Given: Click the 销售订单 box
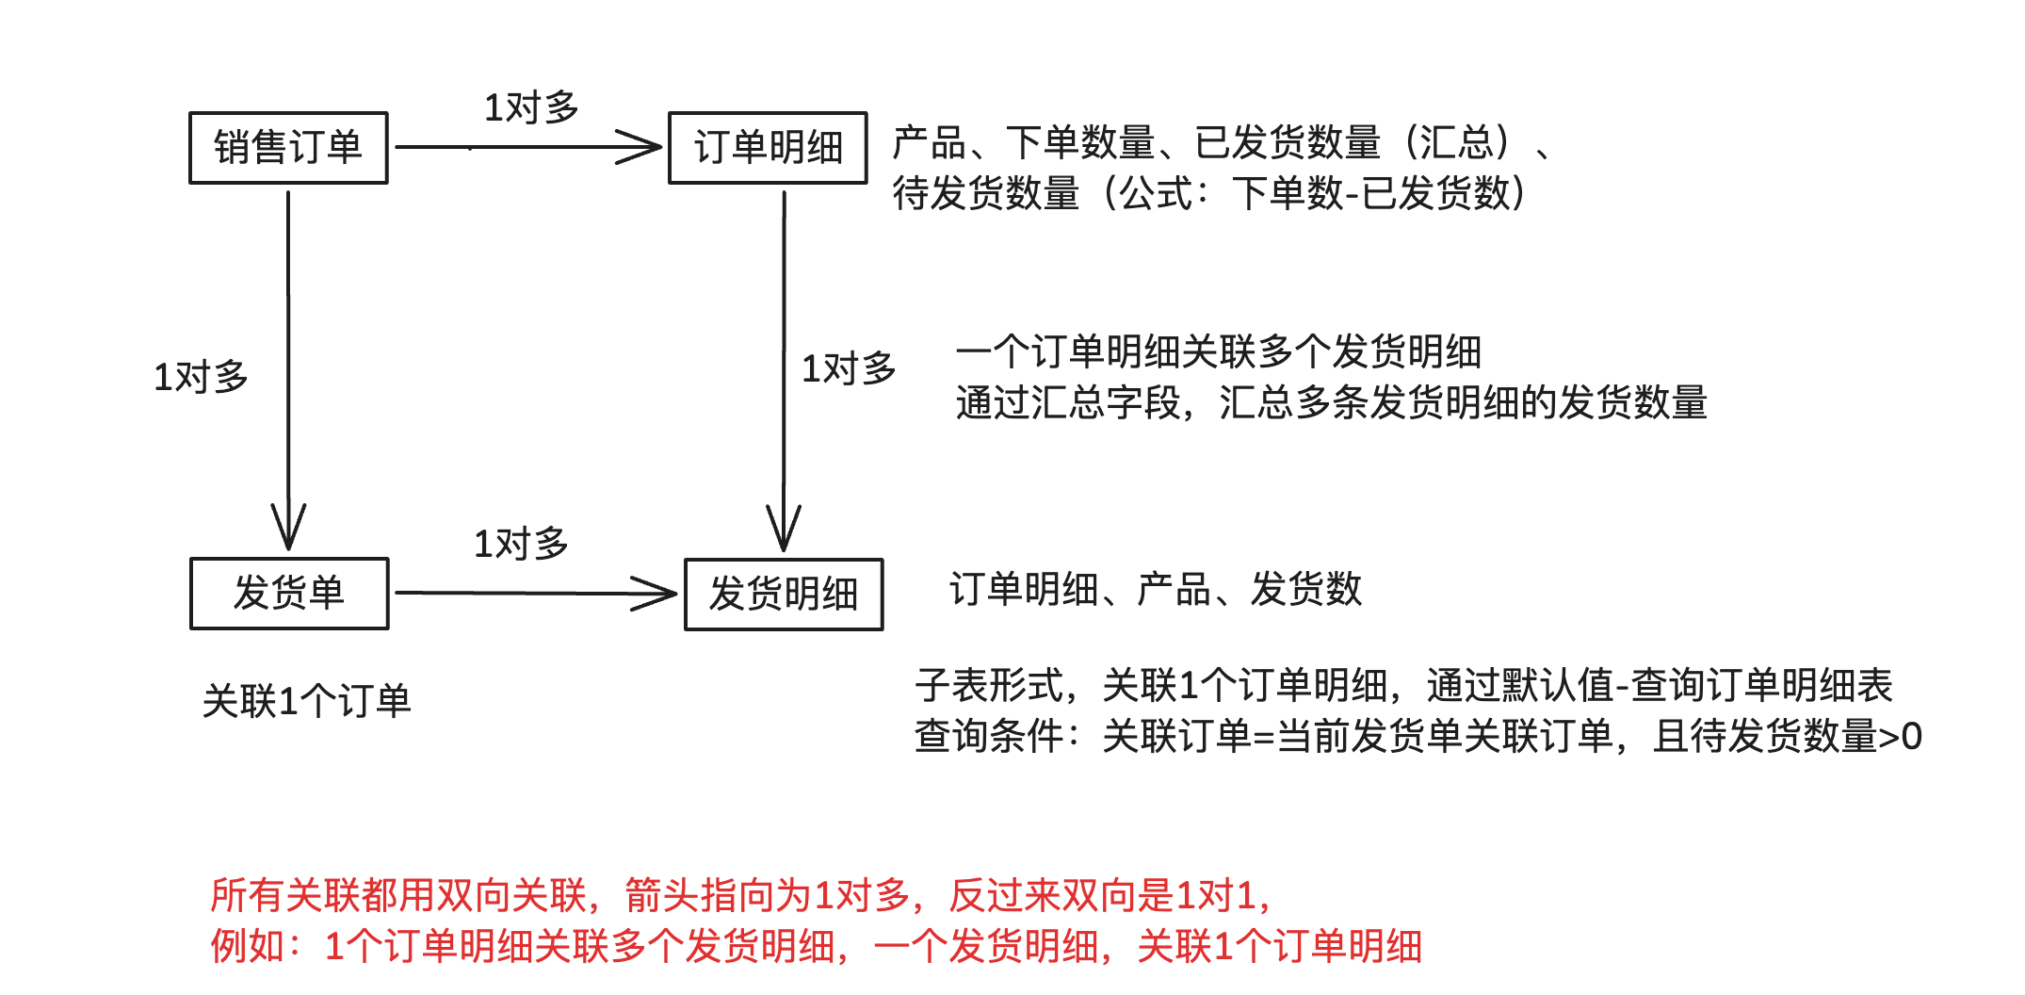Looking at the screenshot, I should point(288,148).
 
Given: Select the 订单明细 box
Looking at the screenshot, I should point(768,148).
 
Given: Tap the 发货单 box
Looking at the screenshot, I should point(289,594).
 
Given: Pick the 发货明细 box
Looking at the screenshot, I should point(784,595).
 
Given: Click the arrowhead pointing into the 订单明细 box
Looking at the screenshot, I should point(644,147).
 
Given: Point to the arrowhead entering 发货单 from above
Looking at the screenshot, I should point(288,530).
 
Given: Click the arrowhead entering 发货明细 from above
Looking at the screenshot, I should point(784,531).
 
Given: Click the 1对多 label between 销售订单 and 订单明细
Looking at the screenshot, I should point(531,107).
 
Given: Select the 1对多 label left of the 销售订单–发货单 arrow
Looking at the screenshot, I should point(201,377).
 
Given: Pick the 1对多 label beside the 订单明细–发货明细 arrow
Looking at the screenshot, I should point(849,368).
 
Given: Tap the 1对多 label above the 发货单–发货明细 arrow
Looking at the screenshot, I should point(521,544).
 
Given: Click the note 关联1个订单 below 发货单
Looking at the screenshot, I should point(307,701).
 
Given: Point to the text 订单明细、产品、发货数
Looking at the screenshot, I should point(1156,590).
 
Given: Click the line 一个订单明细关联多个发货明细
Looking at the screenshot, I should point(1219,351).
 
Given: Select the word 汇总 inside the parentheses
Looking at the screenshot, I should point(1457,142).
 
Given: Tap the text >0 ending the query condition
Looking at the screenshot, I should point(1900,736).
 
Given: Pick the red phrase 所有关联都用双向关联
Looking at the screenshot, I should point(398,895).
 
